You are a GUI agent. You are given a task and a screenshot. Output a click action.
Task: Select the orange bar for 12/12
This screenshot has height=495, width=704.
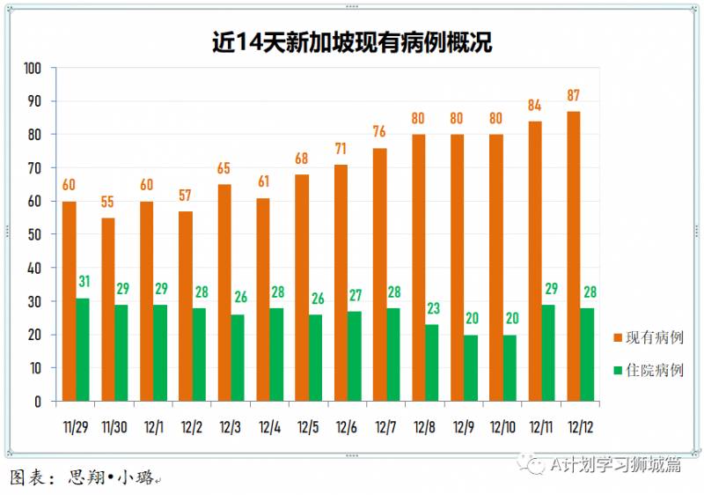pos(573,255)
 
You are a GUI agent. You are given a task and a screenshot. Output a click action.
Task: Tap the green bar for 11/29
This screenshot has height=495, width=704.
pos(82,350)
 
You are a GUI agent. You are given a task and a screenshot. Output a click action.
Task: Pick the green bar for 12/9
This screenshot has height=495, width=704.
pos(470,367)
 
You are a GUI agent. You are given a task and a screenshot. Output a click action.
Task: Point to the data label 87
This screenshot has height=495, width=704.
pos(573,96)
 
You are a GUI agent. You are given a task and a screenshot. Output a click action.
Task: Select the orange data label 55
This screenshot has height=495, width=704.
pos(107,202)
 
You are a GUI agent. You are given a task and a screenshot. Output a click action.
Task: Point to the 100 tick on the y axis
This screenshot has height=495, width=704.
pos(33,68)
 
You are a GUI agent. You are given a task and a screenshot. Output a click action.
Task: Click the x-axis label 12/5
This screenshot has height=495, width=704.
pos(308,427)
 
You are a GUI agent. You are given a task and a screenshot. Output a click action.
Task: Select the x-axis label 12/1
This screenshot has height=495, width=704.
pos(153,427)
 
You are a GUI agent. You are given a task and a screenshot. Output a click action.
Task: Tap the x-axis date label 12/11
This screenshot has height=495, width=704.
pos(540,427)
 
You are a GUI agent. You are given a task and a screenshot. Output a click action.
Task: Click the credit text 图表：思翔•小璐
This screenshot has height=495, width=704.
pos(83,477)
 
